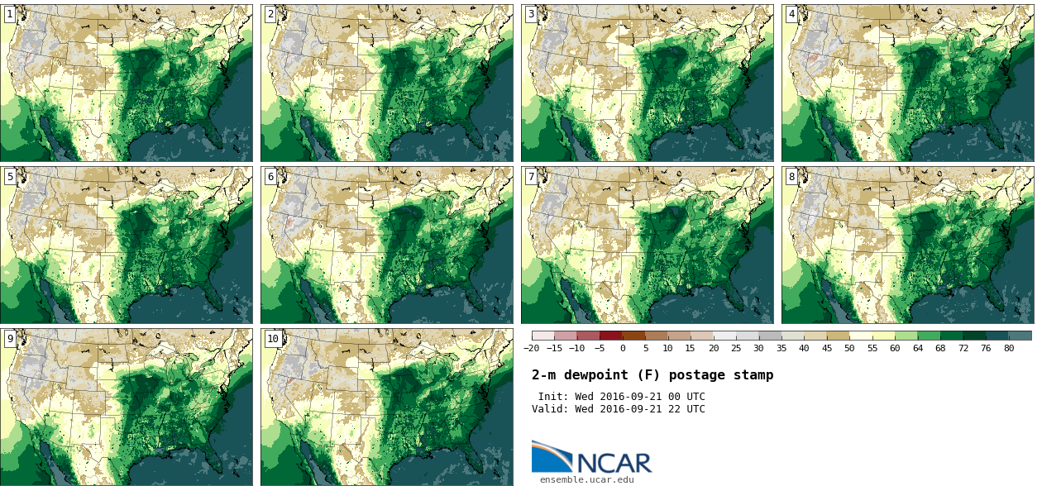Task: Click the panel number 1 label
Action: (x=10, y=14)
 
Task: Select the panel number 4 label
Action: (x=791, y=14)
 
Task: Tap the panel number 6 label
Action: (x=270, y=177)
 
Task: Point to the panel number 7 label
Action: (x=531, y=177)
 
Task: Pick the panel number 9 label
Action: (x=10, y=339)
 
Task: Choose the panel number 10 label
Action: (x=273, y=339)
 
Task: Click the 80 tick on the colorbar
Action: (x=1009, y=349)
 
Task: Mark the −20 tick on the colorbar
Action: (x=531, y=349)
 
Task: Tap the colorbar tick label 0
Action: (x=623, y=349)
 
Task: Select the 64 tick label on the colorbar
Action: (x=918, y=349)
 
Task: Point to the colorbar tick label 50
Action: (x=849, y=349)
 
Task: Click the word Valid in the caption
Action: (x=548, y=409)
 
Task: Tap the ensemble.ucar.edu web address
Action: (x=586, y=479)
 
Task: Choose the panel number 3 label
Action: (x=531, y=14)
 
